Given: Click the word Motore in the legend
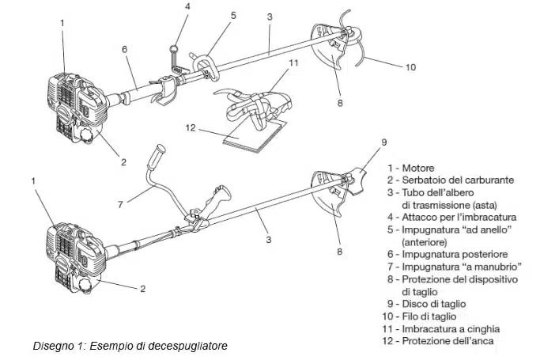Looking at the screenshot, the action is (418, 168).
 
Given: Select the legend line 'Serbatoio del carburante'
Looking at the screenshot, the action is (451, 180).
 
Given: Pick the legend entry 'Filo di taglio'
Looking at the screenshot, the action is (420, 316).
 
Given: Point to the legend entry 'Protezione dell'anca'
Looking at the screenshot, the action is (438, 341).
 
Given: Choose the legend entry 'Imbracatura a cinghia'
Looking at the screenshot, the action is (441, 329).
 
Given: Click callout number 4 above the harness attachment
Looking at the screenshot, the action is (187, 6).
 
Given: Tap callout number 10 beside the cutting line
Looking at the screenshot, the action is (410, 66).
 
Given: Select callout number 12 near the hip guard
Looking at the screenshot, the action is (191, 128).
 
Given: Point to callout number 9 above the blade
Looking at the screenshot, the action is (384, 142).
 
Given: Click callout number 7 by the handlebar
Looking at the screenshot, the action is (120, 204).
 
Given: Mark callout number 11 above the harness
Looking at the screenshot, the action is (293, 63).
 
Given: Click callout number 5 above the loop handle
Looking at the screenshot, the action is (234, 16).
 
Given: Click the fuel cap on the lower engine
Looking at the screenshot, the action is (86, 286).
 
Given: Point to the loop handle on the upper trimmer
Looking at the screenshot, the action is (206, 66).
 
